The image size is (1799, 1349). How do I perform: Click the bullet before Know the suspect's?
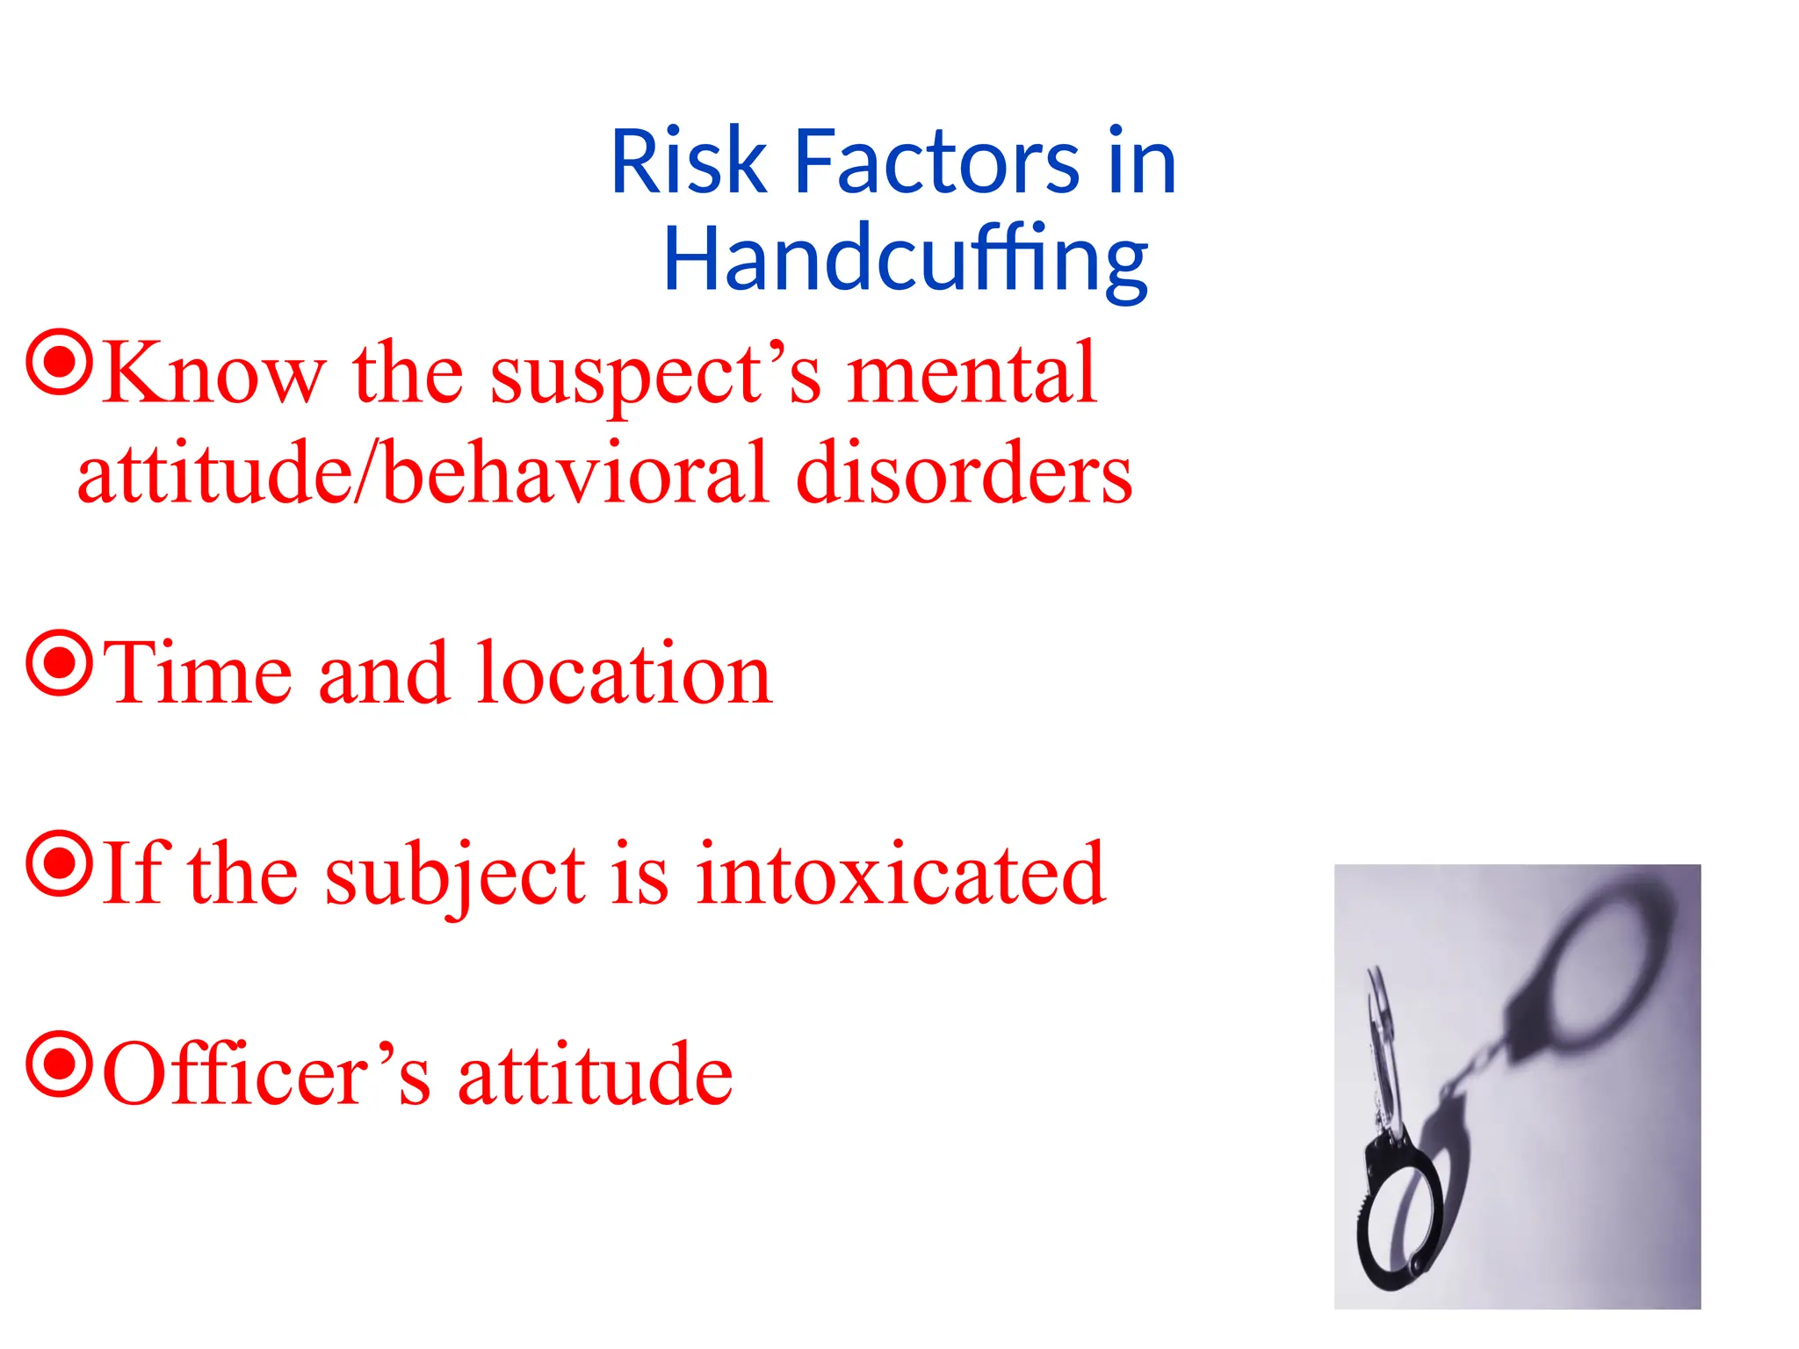click(x=59, y=362)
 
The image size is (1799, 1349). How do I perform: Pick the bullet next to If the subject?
click(x=59, y=864)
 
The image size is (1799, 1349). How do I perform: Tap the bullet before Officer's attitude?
click(x=59, y=1064)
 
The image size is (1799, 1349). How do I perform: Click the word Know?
click(x=214, y=374)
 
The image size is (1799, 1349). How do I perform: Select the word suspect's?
click(x=655, y=374)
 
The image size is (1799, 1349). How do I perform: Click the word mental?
click(x=972, y=374)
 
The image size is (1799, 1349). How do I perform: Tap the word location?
click(x=624, y=674)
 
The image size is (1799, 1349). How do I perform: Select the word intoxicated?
click(x=900, y=875)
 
